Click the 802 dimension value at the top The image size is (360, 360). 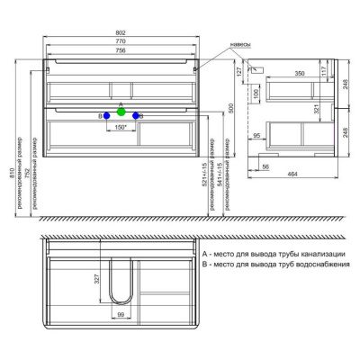click(x=120, y=33)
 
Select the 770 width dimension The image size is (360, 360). click(x=120, y=41)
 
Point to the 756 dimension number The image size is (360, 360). click(x=120, y=50)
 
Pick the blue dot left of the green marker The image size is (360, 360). click(x=106, y=116)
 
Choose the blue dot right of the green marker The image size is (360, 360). click(x=137, y=116)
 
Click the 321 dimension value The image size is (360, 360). click(x=316, y=109)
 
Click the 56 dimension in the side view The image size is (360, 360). click(x=265, y=167)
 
